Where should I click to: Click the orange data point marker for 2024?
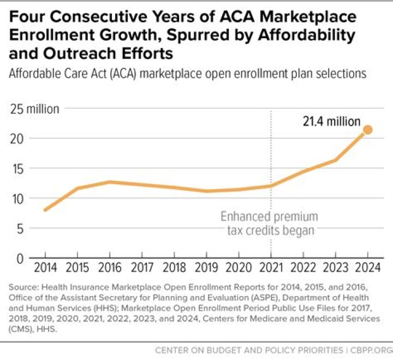click(367, 130)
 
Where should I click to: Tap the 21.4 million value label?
click(332, 121)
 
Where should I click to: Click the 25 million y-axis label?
click(35, 109)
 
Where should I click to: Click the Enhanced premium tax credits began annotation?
click(269, 223)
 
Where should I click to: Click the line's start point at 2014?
click(45, 210)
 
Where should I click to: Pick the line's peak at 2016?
click(109, 182)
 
